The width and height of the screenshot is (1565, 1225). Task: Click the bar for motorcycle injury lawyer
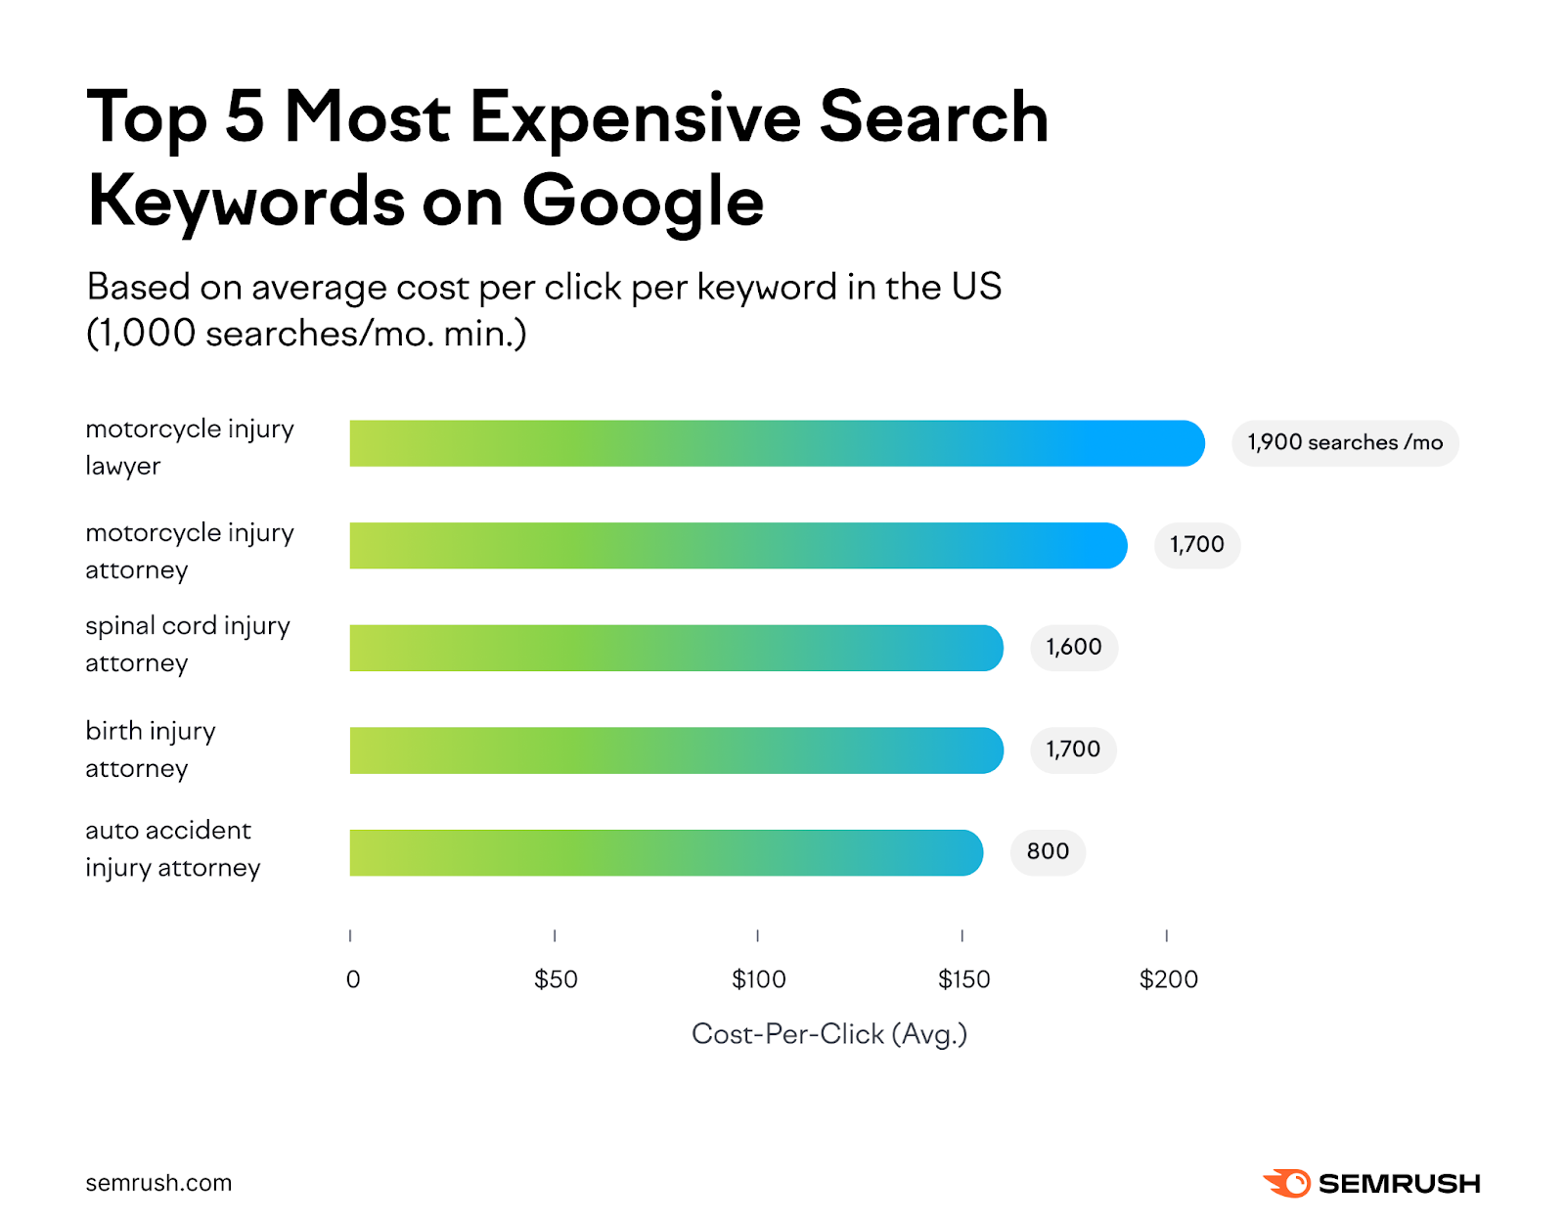click(x=777, y=443)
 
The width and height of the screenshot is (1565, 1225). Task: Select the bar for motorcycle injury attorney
click(x=738, y=546)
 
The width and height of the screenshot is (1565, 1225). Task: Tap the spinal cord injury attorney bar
click(x=676, y=648)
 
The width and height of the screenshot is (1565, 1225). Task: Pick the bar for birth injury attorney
click(x=676, y=750)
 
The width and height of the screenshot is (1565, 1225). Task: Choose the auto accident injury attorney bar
click(x=666, y=852)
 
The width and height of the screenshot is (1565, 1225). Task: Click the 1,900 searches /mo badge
click(x=1345, y=443)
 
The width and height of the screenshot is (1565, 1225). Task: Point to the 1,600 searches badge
click(x=1073, y=648)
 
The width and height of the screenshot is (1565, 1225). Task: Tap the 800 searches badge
click(x=1048, y=852)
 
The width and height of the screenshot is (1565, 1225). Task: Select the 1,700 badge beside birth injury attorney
click(x=1073, y=750)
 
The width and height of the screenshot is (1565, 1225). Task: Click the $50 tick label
click(x=556, y=979)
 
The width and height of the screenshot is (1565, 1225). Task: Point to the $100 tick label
click(x=759, y=979)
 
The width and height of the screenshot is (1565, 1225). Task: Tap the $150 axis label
click(x=963, y=979)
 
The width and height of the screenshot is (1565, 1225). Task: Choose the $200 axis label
click(x=1168, y=979)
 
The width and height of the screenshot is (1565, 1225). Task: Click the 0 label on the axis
click(x=353, y=979)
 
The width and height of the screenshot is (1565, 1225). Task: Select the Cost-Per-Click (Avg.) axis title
click(x=828, y=1034)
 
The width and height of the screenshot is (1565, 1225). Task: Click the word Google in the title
click(x=643, y=203)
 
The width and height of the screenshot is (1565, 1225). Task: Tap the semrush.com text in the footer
click(x=158, y=1183)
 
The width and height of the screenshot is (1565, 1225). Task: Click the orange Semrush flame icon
click(x=1287, y=1183)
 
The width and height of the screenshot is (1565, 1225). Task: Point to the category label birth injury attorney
click(x=151, y=749)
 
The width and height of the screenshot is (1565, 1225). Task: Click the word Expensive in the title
click(x=636, y=117)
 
